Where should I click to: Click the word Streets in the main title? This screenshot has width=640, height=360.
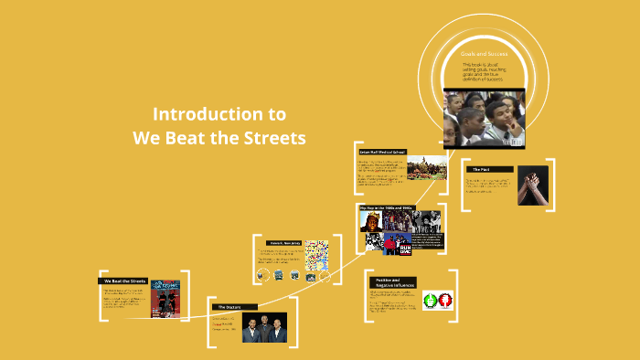(272, 137)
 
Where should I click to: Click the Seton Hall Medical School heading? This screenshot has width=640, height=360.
(382, 152)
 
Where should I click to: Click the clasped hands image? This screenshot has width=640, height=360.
(532, 185)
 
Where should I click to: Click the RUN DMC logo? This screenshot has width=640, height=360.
(399, 244)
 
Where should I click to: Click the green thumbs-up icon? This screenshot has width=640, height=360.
(430, 299)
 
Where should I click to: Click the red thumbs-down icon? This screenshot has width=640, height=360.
(446, 299)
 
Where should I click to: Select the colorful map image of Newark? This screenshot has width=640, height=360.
(316, 255)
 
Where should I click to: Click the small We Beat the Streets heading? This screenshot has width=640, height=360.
(124, 281)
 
